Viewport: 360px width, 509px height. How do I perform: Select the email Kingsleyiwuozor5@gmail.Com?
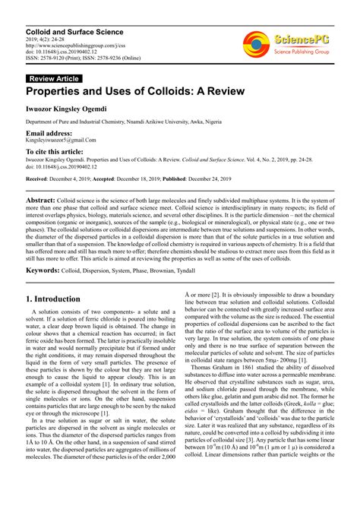point(61,141)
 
